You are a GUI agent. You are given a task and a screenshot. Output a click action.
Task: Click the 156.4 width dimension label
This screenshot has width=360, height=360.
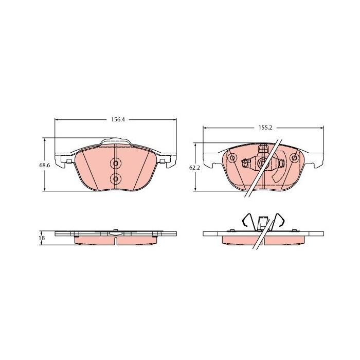tap(118, 120)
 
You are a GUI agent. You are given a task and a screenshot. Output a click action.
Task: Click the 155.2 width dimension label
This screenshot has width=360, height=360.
tap(265, 128)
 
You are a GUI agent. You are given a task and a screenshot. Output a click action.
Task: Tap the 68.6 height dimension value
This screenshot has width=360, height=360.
tap(45, 165)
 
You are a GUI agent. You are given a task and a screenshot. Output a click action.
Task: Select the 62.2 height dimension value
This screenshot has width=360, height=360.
tap(194, 168)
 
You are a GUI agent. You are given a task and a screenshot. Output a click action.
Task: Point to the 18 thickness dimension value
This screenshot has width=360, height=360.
tap(42, 238)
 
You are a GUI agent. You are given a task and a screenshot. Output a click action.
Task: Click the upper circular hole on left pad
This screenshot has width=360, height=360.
tap(116, 164)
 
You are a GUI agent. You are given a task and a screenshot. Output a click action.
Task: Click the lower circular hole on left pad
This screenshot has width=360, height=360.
tap(116, 178)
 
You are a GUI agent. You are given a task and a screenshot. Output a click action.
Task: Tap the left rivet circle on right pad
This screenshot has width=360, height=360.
tap(232, 158)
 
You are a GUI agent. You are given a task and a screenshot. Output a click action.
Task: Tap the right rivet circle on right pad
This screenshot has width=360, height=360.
tap(294, 158)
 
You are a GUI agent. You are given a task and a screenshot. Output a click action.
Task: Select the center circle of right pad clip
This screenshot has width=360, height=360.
tap(262, 162)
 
